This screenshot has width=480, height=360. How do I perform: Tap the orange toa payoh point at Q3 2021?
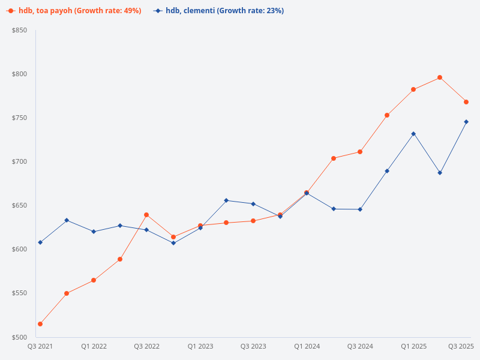pyautogui.click(x=40, y=324)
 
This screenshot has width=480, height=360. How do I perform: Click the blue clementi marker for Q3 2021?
pyautogui.click(x=40, y=242)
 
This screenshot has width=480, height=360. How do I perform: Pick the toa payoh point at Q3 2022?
pyautogui.click(x=146, y=215)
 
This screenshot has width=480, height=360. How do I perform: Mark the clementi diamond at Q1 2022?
pyautogui.click(x=94, y=232)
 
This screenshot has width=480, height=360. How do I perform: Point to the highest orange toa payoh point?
pyautogui.click(x=440, y=77)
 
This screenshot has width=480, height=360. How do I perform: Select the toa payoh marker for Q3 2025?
pyautogui.click(x=466, y=102)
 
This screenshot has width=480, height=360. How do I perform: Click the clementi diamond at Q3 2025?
pyautogui.click(x=466, y=122)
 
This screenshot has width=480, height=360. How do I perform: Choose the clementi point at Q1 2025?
pyautogui.click(x=413, y=134)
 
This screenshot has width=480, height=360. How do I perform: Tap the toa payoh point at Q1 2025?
pyautogui.click(x=413, y=89)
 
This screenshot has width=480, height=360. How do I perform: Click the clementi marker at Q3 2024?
pyautogui.click(x=360, y=209)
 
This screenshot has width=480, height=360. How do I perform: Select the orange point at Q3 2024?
pyautogui.click(x=360, y=152)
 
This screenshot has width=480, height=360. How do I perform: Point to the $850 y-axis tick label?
pyautogui.click(x=20, y=30)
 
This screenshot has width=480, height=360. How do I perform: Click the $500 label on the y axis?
pyautogui.click(x=20, y=337)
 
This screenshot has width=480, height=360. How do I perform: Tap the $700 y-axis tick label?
pyautogui.click(x=20, y=161)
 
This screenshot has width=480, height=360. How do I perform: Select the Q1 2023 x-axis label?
pyautogui.click(x=200, y=347)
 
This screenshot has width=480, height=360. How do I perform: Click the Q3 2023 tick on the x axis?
pyautogui.click(x=253, y=347)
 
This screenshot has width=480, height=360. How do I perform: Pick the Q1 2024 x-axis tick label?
pyautogui.click(x=307, y=347)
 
